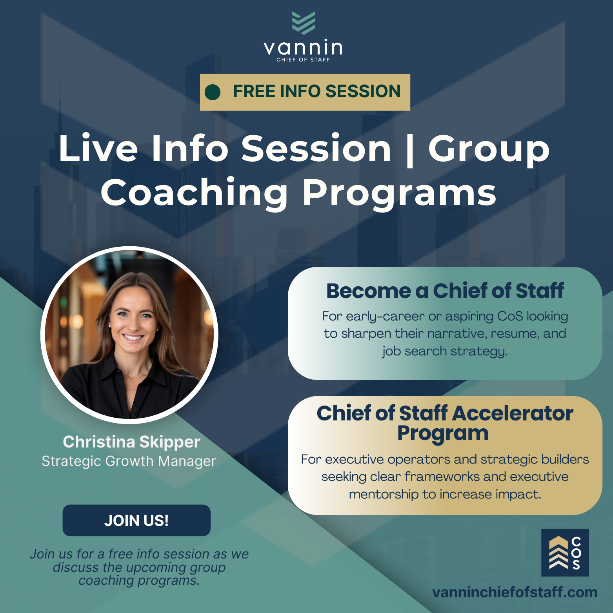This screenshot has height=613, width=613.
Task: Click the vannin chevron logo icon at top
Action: click(304, 23)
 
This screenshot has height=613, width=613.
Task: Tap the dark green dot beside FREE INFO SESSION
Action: click(213, 92)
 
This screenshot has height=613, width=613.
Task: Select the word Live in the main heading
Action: click(98, 149)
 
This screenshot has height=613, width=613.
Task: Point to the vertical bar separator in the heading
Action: click(410, 150)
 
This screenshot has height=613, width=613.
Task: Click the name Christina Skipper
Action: click(131, 442)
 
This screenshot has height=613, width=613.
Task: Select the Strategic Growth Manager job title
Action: click(129, 461)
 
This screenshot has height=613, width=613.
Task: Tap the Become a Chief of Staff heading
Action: click(445, 291)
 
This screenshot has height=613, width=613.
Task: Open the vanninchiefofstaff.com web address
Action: click(515, 592)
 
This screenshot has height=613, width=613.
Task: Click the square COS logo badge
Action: click(565, 553)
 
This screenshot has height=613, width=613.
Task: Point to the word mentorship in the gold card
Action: click(384, 495)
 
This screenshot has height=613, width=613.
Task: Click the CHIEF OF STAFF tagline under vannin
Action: click(303, 60)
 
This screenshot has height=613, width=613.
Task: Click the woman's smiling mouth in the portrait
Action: click(133, 337)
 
